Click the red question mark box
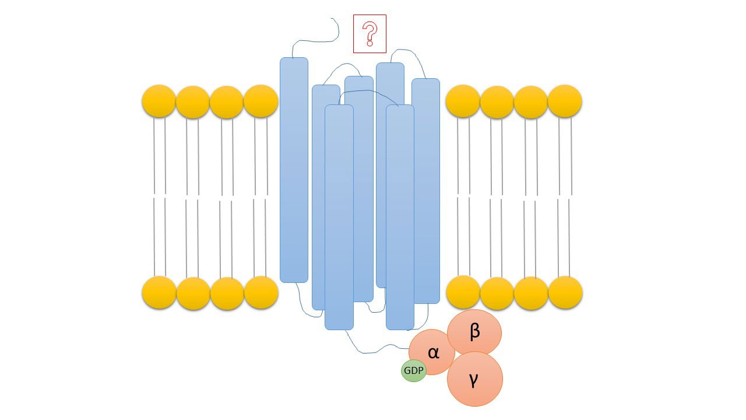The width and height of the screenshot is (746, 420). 370,34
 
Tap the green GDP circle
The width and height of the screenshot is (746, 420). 413,370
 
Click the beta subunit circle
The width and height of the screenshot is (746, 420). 474,332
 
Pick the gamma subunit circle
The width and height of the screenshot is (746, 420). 474,379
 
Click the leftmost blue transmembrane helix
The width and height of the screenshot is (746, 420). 294,169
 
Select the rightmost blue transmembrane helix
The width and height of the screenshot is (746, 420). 425,191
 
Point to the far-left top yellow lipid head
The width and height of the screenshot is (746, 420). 159,101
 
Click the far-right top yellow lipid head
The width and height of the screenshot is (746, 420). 565,101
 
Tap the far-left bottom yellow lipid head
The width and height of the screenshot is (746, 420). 159,292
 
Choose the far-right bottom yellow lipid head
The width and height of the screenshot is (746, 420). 565,292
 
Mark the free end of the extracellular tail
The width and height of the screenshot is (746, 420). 332,19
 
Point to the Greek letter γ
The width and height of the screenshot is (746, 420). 474,380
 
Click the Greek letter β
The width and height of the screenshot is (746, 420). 474,331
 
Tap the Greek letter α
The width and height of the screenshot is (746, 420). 434,352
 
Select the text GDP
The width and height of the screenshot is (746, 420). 413,370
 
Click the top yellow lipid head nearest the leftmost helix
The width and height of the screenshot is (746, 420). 261,101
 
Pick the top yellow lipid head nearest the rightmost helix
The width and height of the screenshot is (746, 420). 463,101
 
